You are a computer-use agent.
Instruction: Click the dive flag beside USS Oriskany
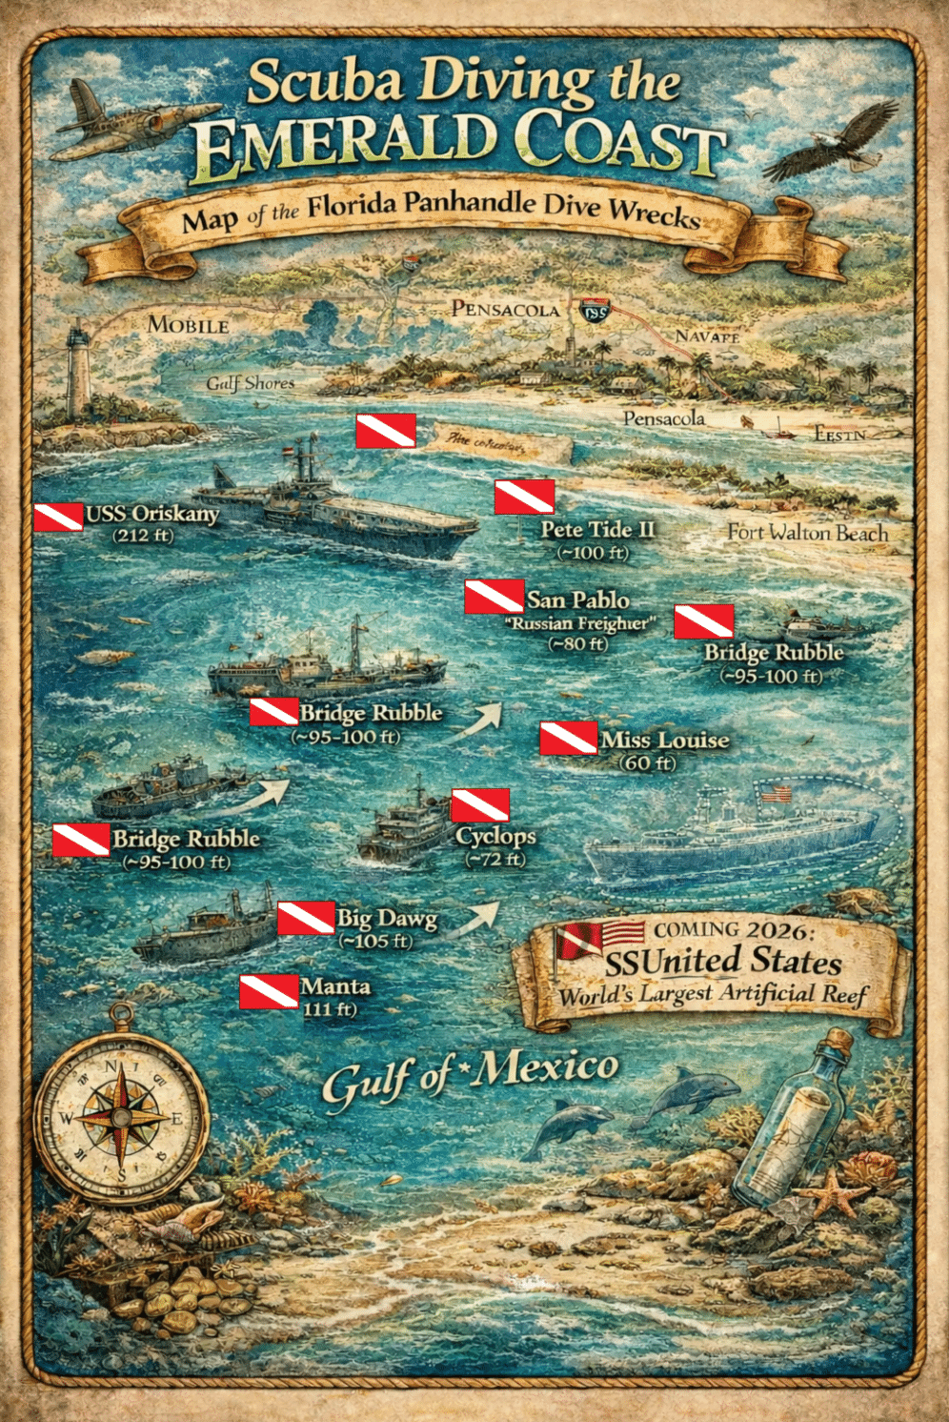coord(58,517)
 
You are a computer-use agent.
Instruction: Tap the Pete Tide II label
coord(597,529)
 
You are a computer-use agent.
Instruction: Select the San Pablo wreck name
coord(578,599)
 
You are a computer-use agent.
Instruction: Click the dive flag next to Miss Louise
coord(569,739)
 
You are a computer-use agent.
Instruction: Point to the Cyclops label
coord(495,836)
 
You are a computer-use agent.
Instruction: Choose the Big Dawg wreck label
coord(387,918)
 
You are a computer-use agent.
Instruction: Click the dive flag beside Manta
coord(269,991)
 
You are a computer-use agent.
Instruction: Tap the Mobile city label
coord(188,325)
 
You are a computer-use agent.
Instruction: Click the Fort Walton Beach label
coord(807,533)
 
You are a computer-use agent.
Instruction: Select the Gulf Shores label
coord(251,383)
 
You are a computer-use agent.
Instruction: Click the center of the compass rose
coord(122,1118)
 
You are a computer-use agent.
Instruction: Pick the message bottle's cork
coord(838,1040)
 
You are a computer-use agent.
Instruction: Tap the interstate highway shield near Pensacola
coord(595,310)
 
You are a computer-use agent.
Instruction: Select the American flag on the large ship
coord(777,792)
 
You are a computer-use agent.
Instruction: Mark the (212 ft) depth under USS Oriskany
coord(143,536)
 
